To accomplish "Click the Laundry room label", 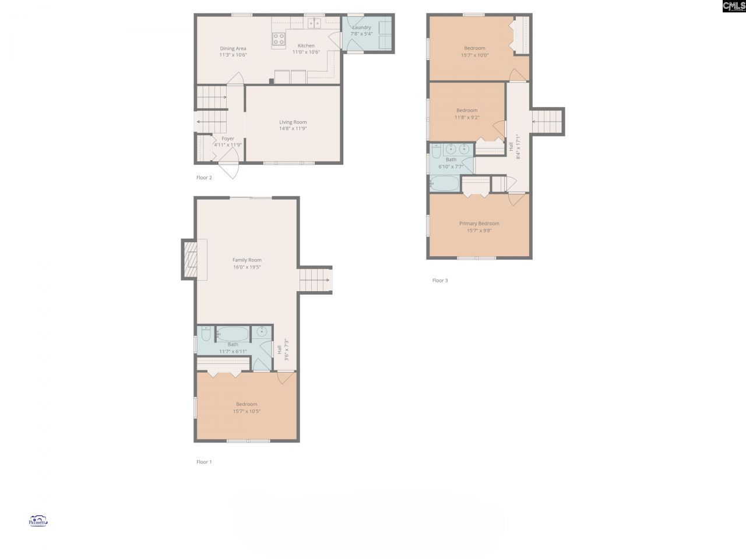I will (x=361, y=27).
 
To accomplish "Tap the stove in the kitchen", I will (x=279, y=39).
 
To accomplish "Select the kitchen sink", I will (x=314, y=23).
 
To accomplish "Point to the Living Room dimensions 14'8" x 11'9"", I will (x=293, y=129).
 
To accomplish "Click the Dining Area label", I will (x=233, y=48).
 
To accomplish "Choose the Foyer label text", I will (x=227, y=139).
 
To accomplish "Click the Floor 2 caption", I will (x=204, y=178).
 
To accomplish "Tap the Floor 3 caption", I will (x=440, y=280).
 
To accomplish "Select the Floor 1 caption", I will (x=204, y=462).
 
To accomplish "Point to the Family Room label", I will (x=247, y=260).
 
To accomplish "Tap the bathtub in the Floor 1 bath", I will (x=233, y=334).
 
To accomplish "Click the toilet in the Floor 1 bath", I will (x=205, y=334).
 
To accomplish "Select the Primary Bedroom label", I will (x=479, y=224).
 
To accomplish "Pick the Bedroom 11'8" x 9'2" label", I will (x=467, y=110).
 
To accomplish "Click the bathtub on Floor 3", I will (x=445, y=184).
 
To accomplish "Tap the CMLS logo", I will (x=734, y=6).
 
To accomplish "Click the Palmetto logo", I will (x=38, y=521).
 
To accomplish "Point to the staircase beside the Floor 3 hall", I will (x=547, y=122).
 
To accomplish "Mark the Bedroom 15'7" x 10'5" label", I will (x=247, y=404).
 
